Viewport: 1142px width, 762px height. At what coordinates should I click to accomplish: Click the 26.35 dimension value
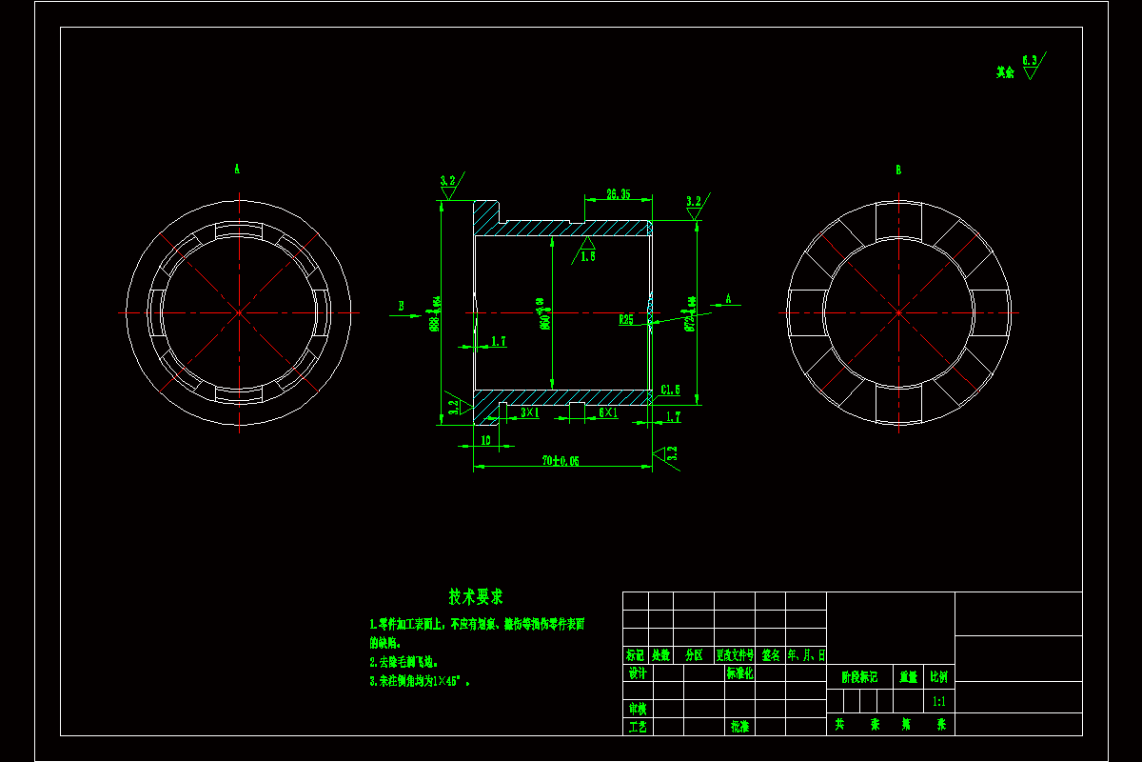(x=619, y=194)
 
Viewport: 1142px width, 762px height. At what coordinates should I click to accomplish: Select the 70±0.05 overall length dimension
(x=561, y=460)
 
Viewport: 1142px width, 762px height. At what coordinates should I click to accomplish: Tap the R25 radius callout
(x=626, y=320)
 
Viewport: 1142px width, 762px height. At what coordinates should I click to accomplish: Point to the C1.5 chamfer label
(x=670, y=391)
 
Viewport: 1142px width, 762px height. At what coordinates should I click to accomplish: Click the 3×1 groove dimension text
(x=530, y=412)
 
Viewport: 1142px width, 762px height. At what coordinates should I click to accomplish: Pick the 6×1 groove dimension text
(x=608, y=412)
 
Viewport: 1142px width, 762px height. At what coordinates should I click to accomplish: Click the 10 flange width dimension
(x=485, y=440)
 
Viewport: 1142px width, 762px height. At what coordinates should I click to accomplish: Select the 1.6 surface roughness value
(x=587, y=256)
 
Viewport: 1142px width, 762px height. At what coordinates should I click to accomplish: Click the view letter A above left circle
(x=237, y=169)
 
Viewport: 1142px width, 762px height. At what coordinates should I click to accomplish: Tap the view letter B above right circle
(x=897, y=170)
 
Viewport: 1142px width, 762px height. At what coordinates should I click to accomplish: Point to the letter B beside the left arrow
(x=402, y=306)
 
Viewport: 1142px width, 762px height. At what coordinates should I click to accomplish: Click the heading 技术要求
(x=476, y=597)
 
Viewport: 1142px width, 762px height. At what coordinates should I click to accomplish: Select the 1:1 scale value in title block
(x=939, y=701)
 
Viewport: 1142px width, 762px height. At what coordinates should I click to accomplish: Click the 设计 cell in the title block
(x=638, y=673)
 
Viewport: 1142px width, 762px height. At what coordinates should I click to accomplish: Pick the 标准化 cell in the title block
(x=739, y=673)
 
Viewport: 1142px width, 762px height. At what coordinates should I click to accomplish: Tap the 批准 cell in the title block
(x=739, y=726)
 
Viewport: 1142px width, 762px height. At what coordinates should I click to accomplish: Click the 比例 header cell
(x=939, y=677)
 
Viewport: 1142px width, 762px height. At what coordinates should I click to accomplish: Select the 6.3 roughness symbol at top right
(x=1030, y=65)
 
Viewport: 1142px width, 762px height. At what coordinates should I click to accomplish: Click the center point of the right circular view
(x=897, y=312)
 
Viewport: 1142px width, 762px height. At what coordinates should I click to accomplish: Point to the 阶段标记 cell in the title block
(x=859, y=677)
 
